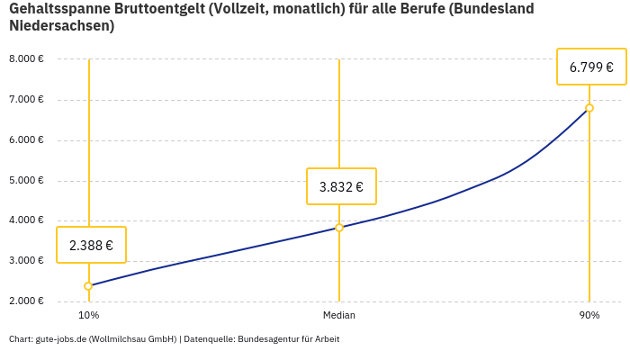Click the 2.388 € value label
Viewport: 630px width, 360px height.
[91, 245]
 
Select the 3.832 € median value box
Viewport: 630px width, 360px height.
[341, 187]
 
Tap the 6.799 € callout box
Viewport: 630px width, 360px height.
[591, 67]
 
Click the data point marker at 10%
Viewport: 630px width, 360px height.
[88, 286]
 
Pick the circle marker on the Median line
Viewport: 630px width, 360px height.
[339, 228]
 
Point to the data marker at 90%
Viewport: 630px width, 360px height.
[589, 108]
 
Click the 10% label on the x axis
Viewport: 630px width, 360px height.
[88, 316]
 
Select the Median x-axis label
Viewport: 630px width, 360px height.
[339, 316]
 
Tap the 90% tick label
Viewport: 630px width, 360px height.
[589, 316]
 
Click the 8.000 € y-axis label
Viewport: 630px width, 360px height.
[26, 59]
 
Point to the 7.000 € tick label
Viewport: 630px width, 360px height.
[26, 100]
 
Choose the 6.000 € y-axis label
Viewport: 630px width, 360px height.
[26, 140]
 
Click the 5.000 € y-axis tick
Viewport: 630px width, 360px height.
[26, 181]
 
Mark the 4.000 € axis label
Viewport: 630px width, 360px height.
[26, 220]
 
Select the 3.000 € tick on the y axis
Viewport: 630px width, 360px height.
[26, 261]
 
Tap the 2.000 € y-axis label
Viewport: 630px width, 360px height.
[26, 301]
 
